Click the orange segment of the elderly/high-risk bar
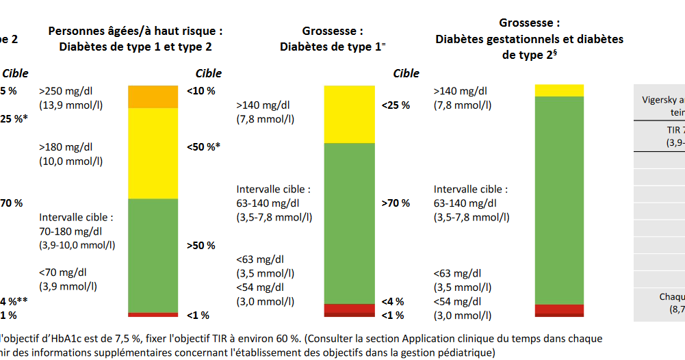click(x=153, y=97)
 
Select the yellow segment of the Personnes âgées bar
click(x=153, y=153)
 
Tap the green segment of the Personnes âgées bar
click(x=153, y=255)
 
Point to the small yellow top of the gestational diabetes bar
click(x=559, y=90)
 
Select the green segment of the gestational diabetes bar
click(x=559, y=200)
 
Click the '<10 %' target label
click(x=201, y=90)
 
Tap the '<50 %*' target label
click(x=204, y=146)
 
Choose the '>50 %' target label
click(x=201, y=246)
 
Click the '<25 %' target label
click(x=396, y=105)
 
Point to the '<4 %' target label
click(x=393, y=301)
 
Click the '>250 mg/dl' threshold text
click(x=66, y=90)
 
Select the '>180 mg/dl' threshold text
click(x=66, y=146)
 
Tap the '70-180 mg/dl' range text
click(x=71, y=231)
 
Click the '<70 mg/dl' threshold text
click(x=64, y=273)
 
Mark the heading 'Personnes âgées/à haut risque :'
click(x=135, y=31)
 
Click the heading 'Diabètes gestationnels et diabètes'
click(x=529, y=39)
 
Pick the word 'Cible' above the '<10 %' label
click(x=209, y=73)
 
